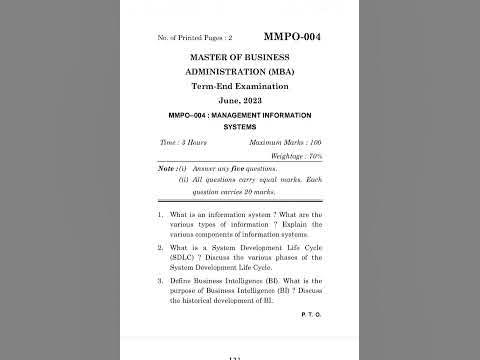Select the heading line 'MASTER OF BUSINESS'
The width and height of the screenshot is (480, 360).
[x=240, y=58]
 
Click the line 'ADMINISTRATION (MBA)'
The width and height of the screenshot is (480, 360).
[x=240, y=74]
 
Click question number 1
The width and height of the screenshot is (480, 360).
[x=161, y=215]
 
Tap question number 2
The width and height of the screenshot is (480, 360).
[x=161, y=247]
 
